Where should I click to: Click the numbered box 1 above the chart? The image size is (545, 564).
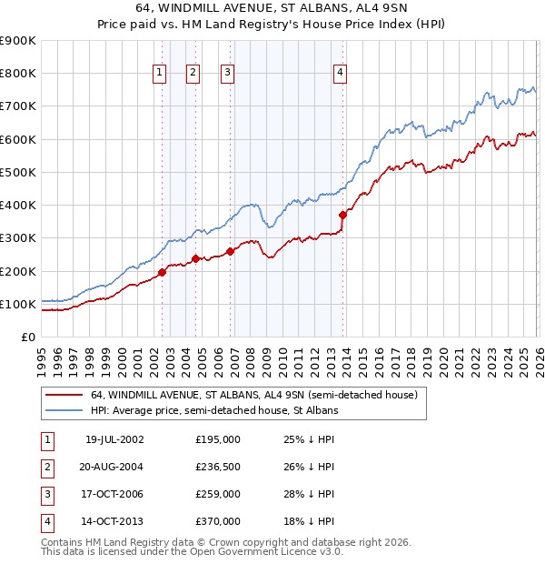coord(160,74)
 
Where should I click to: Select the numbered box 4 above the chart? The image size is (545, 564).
coord(339,74)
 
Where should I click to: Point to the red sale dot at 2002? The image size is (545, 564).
coord(163,272)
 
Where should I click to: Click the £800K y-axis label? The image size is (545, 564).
coord(17,74)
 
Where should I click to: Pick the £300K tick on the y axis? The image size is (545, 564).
coord(17,238)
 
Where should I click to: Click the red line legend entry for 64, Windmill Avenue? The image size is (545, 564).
coord(253,395)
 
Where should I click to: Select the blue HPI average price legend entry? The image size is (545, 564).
coord(214,411)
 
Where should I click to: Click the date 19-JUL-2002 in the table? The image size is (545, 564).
coord(114,439)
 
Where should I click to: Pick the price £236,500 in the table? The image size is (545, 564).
coord(218,467)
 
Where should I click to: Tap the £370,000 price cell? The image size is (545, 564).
coord(218,521)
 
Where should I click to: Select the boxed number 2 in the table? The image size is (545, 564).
coord(45,467)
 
